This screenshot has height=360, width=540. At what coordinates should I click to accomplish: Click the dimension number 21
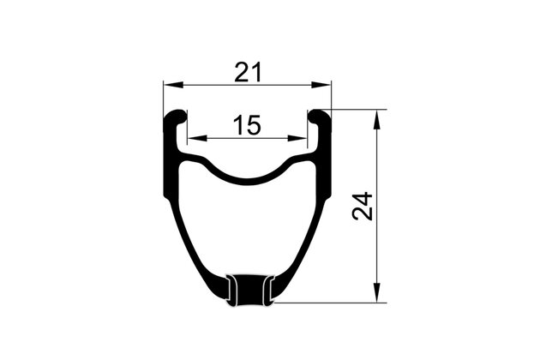tap(248, 72)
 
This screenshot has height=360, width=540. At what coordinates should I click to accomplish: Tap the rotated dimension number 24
tap(363, 206)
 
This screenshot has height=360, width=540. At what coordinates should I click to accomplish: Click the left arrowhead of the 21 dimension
tap(173, 85)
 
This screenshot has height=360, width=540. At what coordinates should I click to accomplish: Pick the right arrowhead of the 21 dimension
tap(321, 85)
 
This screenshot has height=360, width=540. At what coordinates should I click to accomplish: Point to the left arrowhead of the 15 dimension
tap(197, 138)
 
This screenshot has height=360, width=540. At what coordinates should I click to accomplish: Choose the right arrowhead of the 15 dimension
tap(297, 138)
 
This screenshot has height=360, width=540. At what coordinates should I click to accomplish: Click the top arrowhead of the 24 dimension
tap(377, 119)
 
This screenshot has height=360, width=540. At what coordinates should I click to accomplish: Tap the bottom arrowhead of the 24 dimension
tap(377, 293)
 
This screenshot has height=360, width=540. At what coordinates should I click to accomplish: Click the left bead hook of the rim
tap(177, 117)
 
